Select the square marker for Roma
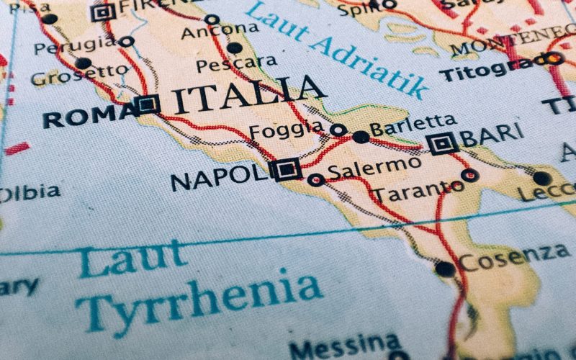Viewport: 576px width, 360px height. pos(148,104)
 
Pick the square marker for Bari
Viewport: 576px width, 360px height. pos(442,145)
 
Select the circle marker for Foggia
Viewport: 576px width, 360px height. pos(338,130)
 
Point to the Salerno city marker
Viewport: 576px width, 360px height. pos(315,179)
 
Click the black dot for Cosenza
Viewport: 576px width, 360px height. pos(445,269)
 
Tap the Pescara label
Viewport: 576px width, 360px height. pos(236,64)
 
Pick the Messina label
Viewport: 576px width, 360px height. pos(344,348)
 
